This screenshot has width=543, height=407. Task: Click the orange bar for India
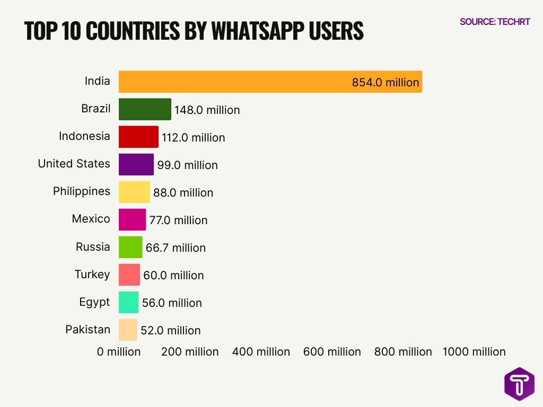coord(270,82)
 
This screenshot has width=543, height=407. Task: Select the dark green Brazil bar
coord(145,109)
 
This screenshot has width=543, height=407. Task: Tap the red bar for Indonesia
coord(138,137)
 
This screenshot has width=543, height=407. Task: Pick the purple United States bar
coord(136,164)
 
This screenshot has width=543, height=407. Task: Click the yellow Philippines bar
coord(134,192)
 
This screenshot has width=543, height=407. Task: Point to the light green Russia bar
coord(130,247)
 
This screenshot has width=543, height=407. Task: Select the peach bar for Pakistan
coord(128,330)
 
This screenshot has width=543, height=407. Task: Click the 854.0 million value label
coord(386,83)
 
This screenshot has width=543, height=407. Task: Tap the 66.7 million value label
coord(176,247)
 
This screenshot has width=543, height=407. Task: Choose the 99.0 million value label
coord(187,165)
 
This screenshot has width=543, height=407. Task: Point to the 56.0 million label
coord(172,303)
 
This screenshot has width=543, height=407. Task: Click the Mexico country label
coord(91,219)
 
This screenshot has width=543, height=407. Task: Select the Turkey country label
coord(92,274)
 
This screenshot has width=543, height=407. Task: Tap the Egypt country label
coord(94,302)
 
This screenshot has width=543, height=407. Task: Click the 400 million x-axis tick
coord(261,352)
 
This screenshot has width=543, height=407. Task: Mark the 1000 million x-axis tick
coord(474,352)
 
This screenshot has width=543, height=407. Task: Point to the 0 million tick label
coord(119,352)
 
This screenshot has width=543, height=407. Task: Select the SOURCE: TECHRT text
coord(495,22)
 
